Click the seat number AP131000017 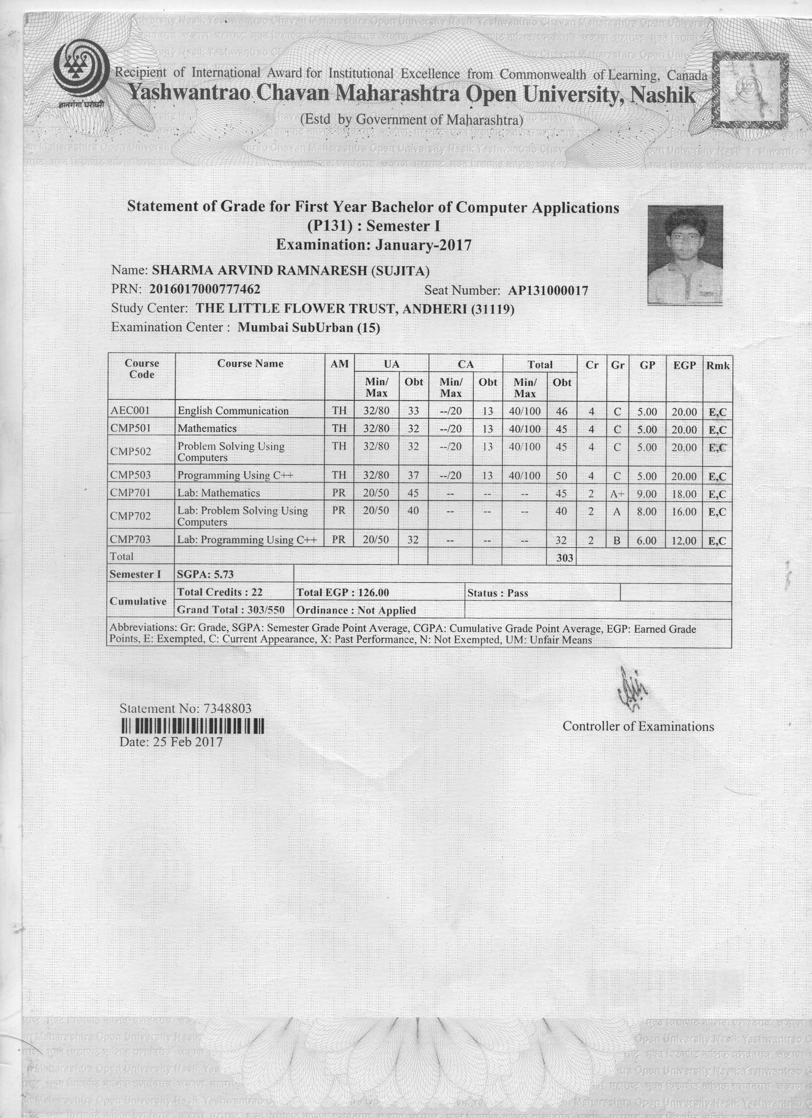[x=548, y=290]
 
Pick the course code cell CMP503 [x=131, y=475]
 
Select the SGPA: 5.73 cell [x=205, y=574]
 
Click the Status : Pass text [x=498, y=593]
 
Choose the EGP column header [x=684, y=365]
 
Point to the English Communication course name [x=233, y=411]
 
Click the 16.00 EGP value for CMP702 [x=684, y=512]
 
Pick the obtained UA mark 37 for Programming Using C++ [x=413, y=476]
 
